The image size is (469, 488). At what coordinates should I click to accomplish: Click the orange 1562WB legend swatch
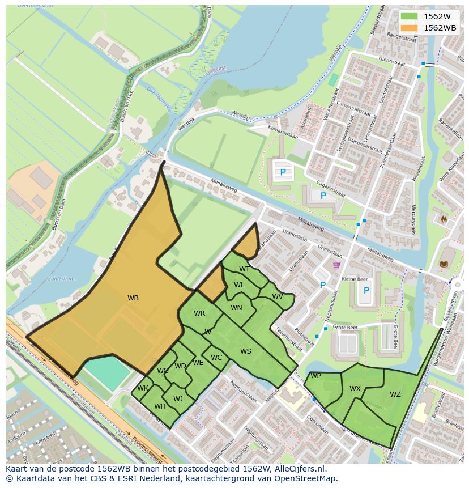pyautogui.click(x=409, y=28)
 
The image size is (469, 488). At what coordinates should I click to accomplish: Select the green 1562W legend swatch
pyautogui.click(x=409, y=16)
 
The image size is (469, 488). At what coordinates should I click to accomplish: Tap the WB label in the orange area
pyautogui.click(x=133, y=298)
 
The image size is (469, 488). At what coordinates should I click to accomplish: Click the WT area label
pyautogui.click(x=244, y=269)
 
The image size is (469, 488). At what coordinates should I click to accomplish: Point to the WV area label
pyautogui.click(x=277, y=296)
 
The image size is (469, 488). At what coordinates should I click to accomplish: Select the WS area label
pyautogui.click(x=245, y=351)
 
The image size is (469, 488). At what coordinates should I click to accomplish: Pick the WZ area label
pyautogui.click(x=395, y=394)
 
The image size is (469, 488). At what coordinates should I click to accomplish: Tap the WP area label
pyautogui.click(x=315, y=376)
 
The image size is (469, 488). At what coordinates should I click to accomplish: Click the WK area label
pyautogui.click(x=143, y=388)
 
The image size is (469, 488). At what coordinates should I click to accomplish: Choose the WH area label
pyautogui.click(x=160, y=406)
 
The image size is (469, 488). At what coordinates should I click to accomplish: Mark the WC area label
pyautogui.click(x=216, y=358)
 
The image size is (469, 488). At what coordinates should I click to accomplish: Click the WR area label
pyautogui.click(x=199, y=313)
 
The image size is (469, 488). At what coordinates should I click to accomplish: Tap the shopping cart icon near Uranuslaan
pyautogui.click(x=336, y=265)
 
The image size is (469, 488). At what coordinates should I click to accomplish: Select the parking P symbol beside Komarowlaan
pyautogui.click(x=283, y=172)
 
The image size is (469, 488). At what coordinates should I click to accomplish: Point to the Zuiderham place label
pyautogui.click(x=61, y=279)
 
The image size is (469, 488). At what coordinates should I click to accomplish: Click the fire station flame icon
pyautogui.click(x=444, y=218)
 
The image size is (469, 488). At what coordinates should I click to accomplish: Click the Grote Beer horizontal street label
pyautogui.click(x=345, y=327)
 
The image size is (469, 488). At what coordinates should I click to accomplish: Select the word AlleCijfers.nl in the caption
pyautogui.click(x=300, y=469)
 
